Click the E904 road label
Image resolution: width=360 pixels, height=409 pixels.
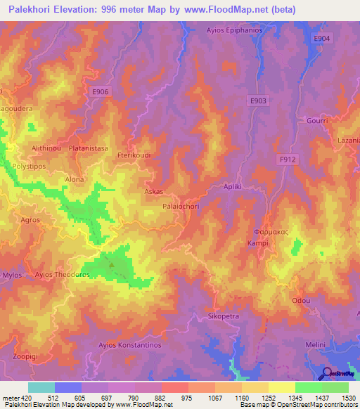click(x=321, y=39)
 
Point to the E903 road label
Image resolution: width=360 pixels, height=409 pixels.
click(x=258, y=101)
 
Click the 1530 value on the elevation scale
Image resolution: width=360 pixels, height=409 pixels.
click(x=349, y=398)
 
